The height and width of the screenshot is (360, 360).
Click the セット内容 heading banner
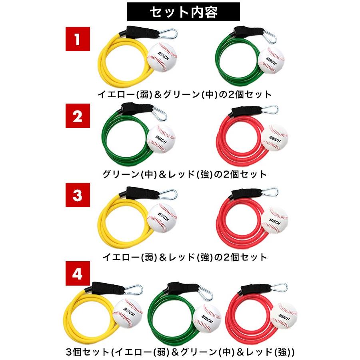point(184,12)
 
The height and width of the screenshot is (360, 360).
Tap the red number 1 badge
point(77,39)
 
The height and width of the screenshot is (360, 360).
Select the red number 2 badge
point(77,117)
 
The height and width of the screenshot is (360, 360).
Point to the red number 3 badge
point(77,196)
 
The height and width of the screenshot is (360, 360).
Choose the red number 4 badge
point(77,274)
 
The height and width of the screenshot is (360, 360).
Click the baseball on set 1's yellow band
point(162,58)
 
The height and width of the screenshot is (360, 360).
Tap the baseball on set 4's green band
point(206,316)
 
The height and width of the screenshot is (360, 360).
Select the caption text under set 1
point(185,94)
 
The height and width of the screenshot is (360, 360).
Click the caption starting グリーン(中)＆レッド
point(184,174)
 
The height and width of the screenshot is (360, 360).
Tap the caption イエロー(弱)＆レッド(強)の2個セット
point(184,257)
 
